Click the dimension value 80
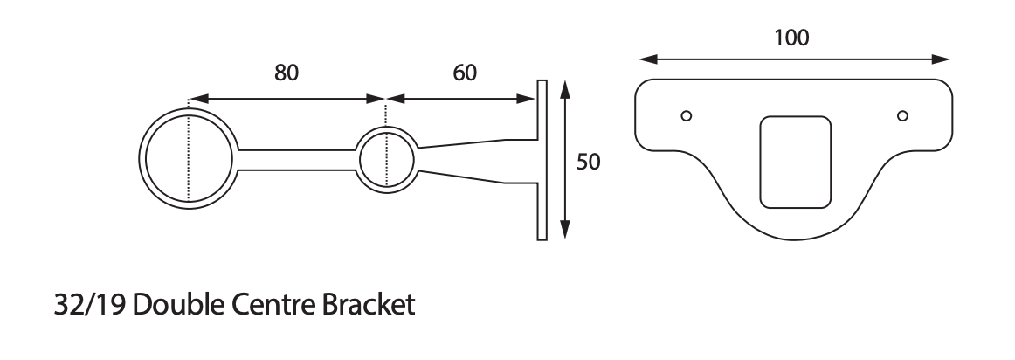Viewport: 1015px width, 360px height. coord(287,73)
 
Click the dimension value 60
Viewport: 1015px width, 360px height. coord(464,73)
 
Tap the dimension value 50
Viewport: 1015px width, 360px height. coord(588,163)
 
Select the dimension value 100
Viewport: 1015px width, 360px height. coord(791,38)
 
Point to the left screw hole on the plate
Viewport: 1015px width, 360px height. coord(687,115)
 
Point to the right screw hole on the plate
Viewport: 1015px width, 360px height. coord(902,115)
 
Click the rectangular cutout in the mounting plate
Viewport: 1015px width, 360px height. coord(795,163)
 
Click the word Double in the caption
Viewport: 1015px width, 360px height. coord(182,307)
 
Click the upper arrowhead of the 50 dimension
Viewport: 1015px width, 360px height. coord(565,88)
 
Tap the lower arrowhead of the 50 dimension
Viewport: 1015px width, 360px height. coord(565,231)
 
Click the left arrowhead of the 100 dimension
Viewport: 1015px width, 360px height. coord(646,59)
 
